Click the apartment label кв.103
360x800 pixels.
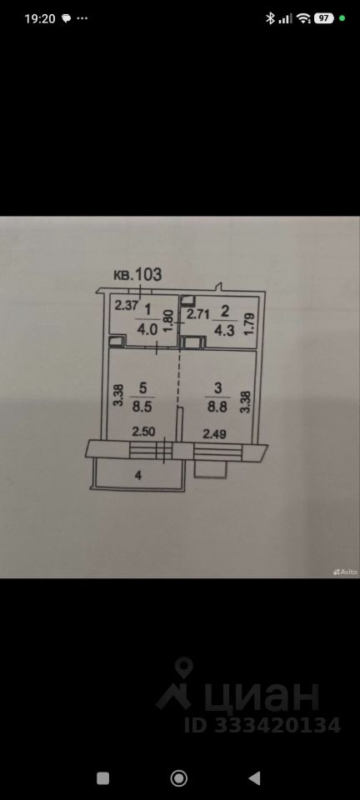click(137, 274)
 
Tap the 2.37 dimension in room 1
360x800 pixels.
click(126, 306)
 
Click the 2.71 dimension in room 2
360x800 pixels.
click(197, 314)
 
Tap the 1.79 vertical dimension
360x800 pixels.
click(249, 322)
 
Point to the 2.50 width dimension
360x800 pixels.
click(144, 432)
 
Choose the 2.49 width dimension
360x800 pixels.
click(215, 434)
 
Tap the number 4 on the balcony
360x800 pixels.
click(138, 476)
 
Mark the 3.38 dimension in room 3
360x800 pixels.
click(245, 401)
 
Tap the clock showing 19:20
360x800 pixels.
click(39, 18)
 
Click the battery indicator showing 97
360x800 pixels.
click(324, 18)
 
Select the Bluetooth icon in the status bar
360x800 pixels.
click(270, 18)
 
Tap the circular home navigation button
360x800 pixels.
click(179, 778)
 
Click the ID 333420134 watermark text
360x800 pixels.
click(262, 725)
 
